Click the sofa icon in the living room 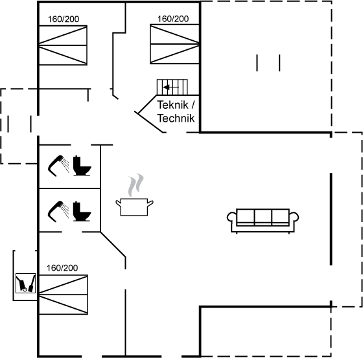[263, 220]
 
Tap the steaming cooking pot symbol [134, 207]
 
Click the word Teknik [172, 105]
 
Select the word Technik [176, 118]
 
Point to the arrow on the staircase [171, 87]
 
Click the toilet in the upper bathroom [82, 166]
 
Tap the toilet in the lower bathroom [82, 211]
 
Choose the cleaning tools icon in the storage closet [26, 283]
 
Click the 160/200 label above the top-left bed [64, 19]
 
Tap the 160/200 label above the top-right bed [173, 19]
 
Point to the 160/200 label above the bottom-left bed [62, 268]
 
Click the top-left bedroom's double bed [63, 45]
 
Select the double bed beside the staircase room [175, 43]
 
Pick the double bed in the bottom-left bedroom [64, 295]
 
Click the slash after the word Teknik [193, 105]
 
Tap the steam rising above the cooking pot [135, 185]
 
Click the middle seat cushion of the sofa [263, 217]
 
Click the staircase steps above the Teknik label [172, 87]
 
